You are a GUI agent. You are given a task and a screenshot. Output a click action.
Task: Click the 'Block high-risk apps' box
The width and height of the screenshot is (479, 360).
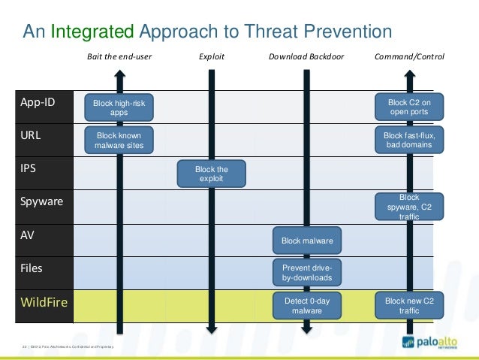119,107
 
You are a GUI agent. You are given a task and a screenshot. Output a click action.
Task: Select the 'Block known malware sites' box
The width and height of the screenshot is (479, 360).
119,141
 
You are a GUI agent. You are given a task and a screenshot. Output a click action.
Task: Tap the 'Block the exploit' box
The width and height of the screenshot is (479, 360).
211,174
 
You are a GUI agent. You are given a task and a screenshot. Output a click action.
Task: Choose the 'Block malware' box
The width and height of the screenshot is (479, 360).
306,241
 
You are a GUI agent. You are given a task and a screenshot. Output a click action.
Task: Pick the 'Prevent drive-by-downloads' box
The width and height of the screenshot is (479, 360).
306,273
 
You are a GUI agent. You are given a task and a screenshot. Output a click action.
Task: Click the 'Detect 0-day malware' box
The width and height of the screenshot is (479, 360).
306,305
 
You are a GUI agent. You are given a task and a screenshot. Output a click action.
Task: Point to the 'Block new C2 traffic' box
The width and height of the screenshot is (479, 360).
408,305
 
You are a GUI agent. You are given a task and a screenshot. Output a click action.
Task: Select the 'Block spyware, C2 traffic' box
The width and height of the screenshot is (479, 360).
408,207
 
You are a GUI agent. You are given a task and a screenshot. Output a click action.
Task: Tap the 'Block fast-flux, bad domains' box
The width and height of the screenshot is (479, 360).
408,140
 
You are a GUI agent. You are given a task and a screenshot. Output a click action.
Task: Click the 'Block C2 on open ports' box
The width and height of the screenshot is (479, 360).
408,107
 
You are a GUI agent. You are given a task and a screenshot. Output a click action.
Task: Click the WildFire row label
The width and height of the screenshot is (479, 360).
44,304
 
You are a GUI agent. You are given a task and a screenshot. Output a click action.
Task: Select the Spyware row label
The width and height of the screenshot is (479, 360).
41,202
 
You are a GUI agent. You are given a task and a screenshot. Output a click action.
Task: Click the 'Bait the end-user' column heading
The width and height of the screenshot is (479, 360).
118,56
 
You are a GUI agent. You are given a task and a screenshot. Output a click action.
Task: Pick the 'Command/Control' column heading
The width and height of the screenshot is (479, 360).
409,56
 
